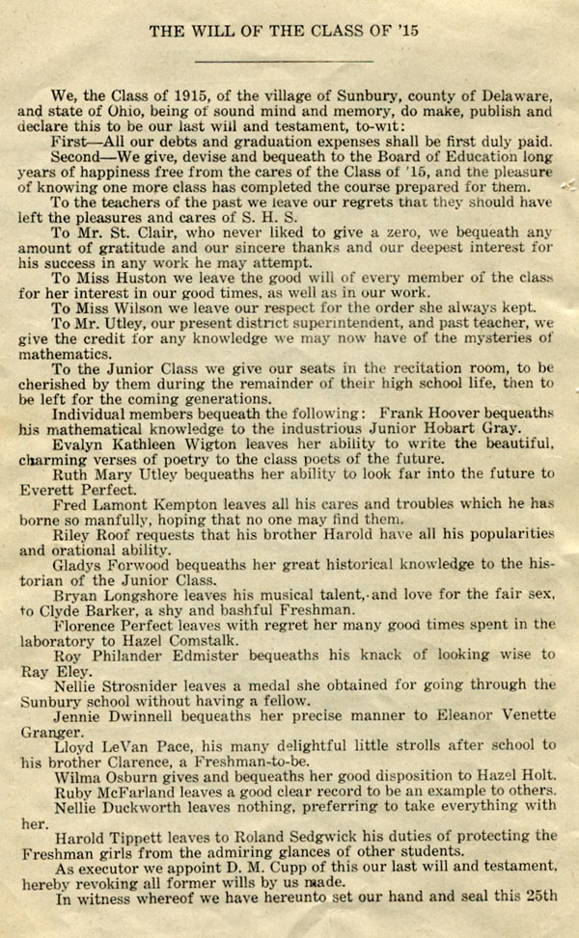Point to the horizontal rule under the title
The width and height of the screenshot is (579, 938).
pyautogui.click(x=289, y=61)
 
